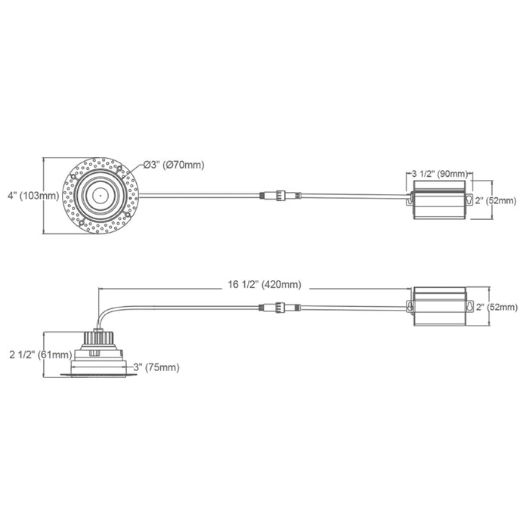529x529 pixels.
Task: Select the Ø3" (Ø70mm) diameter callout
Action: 174,165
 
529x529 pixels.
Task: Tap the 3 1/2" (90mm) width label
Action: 441,174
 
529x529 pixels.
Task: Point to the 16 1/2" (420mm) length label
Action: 264,285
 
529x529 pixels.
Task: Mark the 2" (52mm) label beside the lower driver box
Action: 496,307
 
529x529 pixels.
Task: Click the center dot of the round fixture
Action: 98,194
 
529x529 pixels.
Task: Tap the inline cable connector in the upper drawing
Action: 280,195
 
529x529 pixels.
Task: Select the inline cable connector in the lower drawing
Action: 280,307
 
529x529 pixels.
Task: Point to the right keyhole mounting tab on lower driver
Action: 469,307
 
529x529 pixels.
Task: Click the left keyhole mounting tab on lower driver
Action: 410,307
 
